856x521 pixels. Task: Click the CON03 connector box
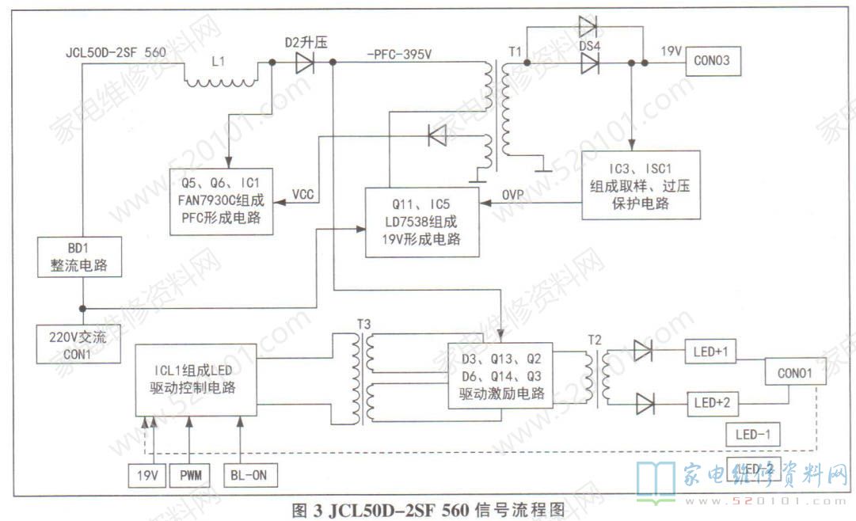[714, 60]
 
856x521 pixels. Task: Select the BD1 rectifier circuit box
[81, 257]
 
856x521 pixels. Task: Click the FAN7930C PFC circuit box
[222, 202]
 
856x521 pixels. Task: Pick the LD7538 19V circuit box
[423, 222]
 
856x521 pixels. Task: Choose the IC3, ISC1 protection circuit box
[641, 185]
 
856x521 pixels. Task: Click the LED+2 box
[712, 402]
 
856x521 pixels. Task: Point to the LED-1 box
[752, 434]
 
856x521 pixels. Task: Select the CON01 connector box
[794, 371]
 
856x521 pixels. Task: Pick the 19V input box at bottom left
[147, 475]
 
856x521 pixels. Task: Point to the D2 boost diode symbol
[305, 63]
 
